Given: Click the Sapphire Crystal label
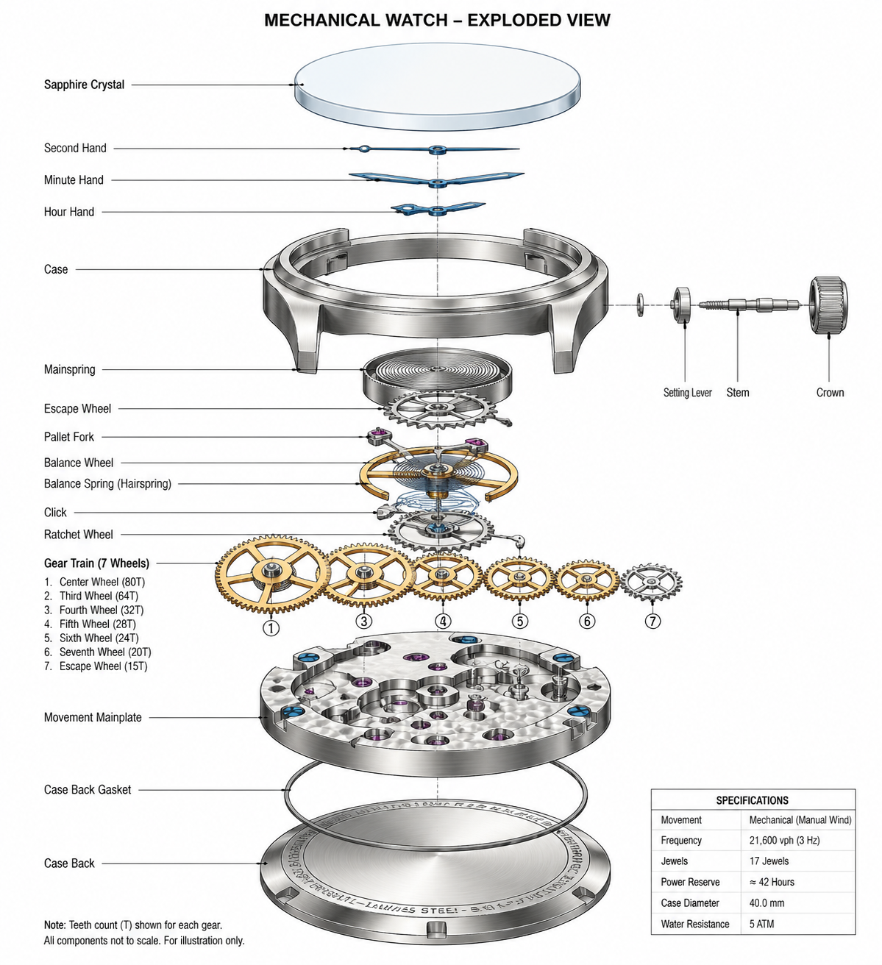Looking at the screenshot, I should pos(84,85).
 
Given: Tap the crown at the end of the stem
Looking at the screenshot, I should pos(829,305).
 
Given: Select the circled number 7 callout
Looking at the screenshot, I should pos(652,621).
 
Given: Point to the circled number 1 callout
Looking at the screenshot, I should pos(271,627).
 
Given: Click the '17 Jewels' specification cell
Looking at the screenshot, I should pos(769,861).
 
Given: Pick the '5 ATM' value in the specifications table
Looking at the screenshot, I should pos(761,924).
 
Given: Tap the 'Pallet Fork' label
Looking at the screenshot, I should pos(69,437).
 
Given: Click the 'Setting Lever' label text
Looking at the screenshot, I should pos(687,393).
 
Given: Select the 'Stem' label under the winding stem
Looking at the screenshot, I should pos(738,393).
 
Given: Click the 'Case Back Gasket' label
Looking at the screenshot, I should pos(88,790).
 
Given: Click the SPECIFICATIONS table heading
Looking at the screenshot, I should pos(752,800).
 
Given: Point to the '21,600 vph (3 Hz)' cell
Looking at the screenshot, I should pos(784,840).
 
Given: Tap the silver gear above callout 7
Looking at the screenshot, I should pos(652,583).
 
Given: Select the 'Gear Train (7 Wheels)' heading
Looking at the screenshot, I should pos(96,563).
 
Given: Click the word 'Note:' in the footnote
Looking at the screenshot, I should pos(54,925).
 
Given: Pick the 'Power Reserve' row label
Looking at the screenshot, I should pos(690,882).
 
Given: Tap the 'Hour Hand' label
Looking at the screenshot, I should pos(69,212).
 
